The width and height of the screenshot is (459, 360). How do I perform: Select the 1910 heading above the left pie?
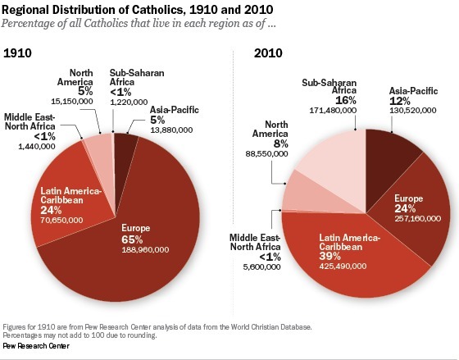[x=19, y=54]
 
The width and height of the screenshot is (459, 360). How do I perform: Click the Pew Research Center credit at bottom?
[x=36, y=346]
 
